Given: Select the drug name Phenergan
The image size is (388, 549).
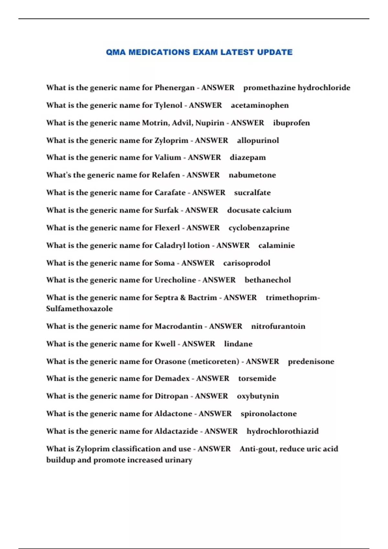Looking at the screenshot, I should pos(175,88).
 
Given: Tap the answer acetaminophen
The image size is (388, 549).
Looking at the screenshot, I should pos(260,105).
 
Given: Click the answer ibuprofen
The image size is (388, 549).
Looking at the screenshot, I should pos(291,123).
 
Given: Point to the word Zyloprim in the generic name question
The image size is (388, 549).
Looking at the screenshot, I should pos(171,140).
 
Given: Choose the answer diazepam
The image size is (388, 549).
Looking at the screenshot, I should pos(248,158).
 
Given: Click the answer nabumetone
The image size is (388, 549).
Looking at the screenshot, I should pos(252,175).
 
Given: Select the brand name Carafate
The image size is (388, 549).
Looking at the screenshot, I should pos(170,193).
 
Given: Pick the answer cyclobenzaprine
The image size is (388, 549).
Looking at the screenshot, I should pos(259,228).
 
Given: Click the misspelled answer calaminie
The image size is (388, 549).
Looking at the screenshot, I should pos(276,245).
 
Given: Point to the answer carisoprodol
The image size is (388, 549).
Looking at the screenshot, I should pos(247,263).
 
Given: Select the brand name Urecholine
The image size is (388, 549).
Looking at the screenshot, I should pos(175,280).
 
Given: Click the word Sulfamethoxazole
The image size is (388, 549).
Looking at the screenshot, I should pos(79,309).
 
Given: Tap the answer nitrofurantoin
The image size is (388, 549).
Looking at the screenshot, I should pos(278,326).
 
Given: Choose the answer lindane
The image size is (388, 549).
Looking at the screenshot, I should pos(238,344).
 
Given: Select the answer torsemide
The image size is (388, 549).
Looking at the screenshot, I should pos(257,378).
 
